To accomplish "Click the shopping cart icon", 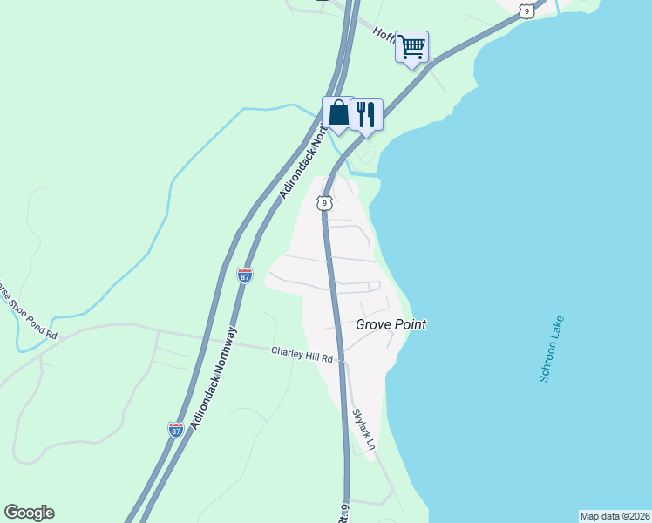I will pyautogui.click(x=411, y=46).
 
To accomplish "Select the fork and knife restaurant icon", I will pyautogui.click(x=366, y=114).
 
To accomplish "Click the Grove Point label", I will pyautogui.click(x=391, y=324).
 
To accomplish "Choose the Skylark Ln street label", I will pyautogui.click(x=364, y=429).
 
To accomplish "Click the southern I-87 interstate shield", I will pyautogui.click(x=175, y=428).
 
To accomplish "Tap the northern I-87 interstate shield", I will pyautogui.click(x=245, y=275).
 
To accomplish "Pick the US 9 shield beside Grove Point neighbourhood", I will pyautogui.click(x=323, y=203).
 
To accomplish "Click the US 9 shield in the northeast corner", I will pyautogui.click(x=525, y=10).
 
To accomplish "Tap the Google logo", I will pyautogui.click(x=29, y=513).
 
